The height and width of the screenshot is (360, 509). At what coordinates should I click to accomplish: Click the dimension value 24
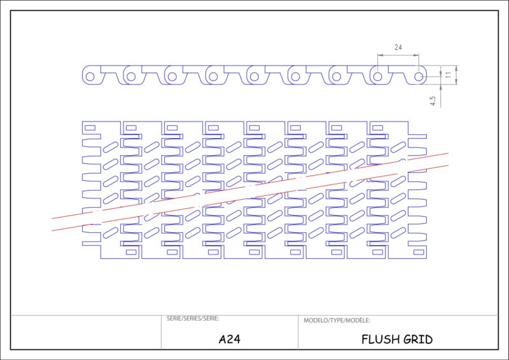398,48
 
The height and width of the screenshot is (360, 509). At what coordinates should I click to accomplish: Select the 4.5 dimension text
433,100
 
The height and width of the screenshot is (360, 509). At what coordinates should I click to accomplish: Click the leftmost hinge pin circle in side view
90,76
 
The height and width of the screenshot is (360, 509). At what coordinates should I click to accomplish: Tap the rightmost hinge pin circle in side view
419,76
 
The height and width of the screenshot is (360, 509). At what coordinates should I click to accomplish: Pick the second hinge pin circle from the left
131,76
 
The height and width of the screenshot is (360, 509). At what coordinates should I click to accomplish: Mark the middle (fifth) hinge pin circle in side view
254,76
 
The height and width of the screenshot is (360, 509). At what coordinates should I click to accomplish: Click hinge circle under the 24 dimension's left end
378,76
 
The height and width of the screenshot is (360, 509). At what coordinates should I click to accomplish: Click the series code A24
229,339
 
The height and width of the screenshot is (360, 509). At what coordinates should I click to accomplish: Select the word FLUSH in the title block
380,339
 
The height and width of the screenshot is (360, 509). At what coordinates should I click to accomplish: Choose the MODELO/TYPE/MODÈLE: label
337,321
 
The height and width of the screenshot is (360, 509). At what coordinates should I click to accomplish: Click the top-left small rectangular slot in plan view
90,128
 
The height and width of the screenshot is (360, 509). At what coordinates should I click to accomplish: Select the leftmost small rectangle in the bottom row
131,252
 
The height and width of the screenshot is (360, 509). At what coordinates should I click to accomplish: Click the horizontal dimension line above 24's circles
398,55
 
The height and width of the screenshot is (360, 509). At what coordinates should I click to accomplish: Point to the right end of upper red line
448,153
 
